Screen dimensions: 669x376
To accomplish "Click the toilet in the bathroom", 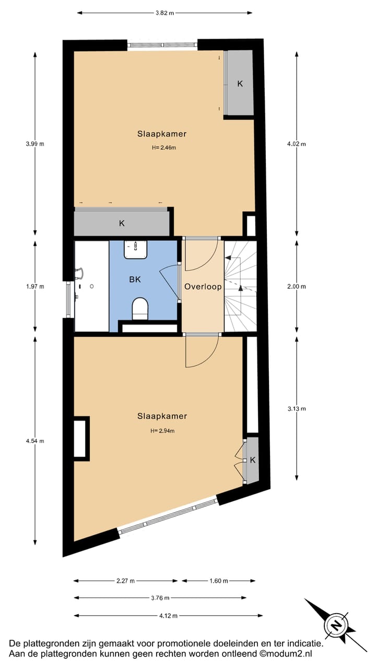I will click(x=139, y=309).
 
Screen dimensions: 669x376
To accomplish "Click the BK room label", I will click(x=135, y=280).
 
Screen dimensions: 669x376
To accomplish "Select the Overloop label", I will click(x=203, y=286).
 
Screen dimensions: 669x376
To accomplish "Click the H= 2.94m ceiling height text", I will click(x=162, y=431).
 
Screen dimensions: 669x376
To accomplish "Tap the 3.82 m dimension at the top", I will click(x=164, y=13).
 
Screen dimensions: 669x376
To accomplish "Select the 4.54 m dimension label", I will click(x=36, y=441).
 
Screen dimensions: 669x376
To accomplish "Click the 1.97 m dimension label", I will click(x=36, y=286).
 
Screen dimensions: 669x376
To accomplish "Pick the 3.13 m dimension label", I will click(x=297, y=408).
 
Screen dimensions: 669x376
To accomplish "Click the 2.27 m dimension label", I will click(x=125, y=580).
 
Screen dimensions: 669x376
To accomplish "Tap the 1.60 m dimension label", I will click(x=218, y=580).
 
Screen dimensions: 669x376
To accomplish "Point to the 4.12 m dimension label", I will click(x=168, y=616).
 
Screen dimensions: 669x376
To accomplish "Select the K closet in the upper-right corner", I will click(x=240, y=83).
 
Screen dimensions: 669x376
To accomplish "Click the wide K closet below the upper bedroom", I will click(x=122, y=223).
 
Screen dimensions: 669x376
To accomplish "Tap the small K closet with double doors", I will click(x=252, y=460).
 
